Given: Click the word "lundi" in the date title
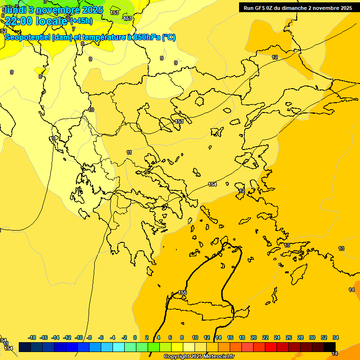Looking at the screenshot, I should [15, 10].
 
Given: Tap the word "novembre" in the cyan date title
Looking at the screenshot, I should [58, 10].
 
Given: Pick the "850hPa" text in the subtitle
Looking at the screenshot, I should [146, 37].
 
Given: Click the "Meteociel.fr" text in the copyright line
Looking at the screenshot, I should [218, 357].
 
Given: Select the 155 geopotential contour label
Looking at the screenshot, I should [182, 293].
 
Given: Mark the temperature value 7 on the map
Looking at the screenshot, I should [74, 29].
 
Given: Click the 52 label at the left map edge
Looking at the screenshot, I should [4, 31].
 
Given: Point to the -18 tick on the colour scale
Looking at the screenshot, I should [32, 337].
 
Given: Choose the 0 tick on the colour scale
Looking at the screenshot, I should [135, 337].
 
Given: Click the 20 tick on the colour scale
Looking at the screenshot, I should [254, 337].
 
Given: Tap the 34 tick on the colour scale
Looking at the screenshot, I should [336, 337].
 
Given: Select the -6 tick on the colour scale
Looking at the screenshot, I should [101, 337].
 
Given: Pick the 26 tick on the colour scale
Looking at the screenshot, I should [289, 337].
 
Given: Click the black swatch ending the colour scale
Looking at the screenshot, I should [330, 347].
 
